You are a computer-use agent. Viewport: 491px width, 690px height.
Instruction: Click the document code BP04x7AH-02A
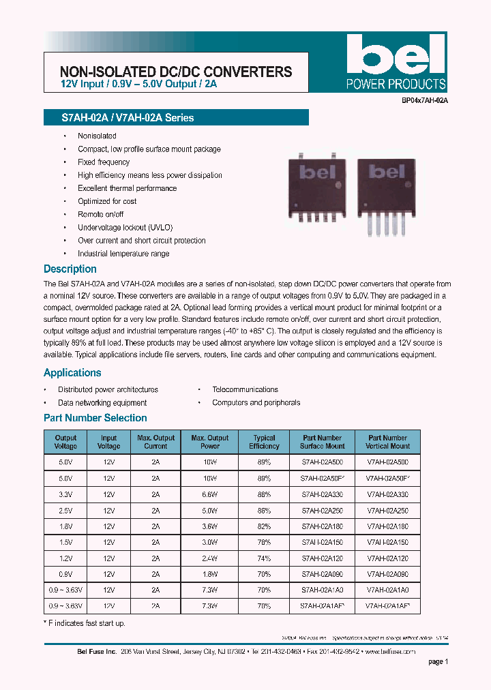[423, 100]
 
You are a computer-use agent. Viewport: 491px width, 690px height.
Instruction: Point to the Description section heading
[70, 269]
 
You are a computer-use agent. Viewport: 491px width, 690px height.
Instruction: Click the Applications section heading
[72, 373]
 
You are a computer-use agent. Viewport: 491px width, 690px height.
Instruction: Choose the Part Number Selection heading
[95, 418]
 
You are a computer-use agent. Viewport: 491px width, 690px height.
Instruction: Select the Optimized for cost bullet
[107, 201]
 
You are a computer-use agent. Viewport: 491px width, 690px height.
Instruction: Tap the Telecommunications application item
[245, 389]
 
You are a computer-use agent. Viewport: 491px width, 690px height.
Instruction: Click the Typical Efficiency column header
[264, 442]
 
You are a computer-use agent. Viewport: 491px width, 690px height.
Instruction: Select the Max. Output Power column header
[210, 442]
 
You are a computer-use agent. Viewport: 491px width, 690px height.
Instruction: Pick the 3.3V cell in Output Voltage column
[65, 494]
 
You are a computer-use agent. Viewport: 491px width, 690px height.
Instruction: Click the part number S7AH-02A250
[321, 510]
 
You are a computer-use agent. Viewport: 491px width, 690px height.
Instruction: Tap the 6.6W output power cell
[210, 494]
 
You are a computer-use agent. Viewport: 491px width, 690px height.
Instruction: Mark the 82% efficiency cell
[264, 526]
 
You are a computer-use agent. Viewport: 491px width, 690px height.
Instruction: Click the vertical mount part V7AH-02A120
[387, 557]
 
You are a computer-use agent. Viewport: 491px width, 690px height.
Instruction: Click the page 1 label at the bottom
[438, 661]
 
